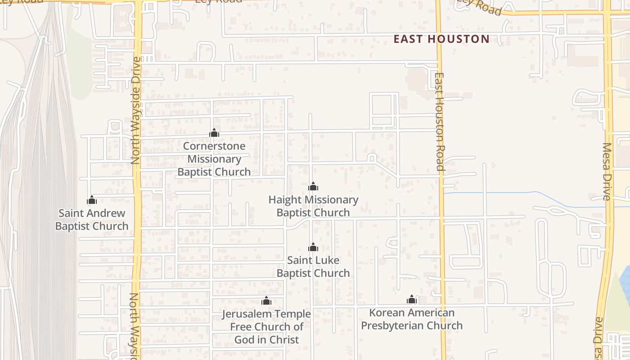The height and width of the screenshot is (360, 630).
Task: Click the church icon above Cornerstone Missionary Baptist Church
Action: click(214, 133)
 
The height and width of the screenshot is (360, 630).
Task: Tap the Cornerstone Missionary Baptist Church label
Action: click(214, 159)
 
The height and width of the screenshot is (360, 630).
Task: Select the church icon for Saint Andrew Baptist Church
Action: click(92, 200)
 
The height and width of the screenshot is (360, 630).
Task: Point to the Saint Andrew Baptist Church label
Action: click(92, 220)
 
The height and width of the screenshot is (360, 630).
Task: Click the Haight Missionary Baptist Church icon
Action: click(313, 186)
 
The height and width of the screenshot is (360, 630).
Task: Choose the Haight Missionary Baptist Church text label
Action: click(313, 206)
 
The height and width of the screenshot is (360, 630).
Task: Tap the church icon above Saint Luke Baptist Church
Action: click(313, 247)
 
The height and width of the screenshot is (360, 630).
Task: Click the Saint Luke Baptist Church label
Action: click(313, 267)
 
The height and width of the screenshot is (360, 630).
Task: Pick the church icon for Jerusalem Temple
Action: click(266, 301)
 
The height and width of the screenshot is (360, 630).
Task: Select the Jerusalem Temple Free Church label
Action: click(266, 327)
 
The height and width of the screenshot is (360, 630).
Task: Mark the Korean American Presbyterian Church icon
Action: click(411, 300)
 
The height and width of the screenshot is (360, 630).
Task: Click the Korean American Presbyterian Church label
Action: click(411, 319)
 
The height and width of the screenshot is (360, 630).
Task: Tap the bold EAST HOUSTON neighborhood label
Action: click(441, 39)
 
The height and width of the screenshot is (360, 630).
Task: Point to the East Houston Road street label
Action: click(440, 121)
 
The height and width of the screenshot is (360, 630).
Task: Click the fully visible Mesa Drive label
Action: click(607, 171)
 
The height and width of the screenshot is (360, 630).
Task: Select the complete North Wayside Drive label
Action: click(136, 110)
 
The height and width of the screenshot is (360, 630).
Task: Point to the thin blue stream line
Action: click(495, 193)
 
